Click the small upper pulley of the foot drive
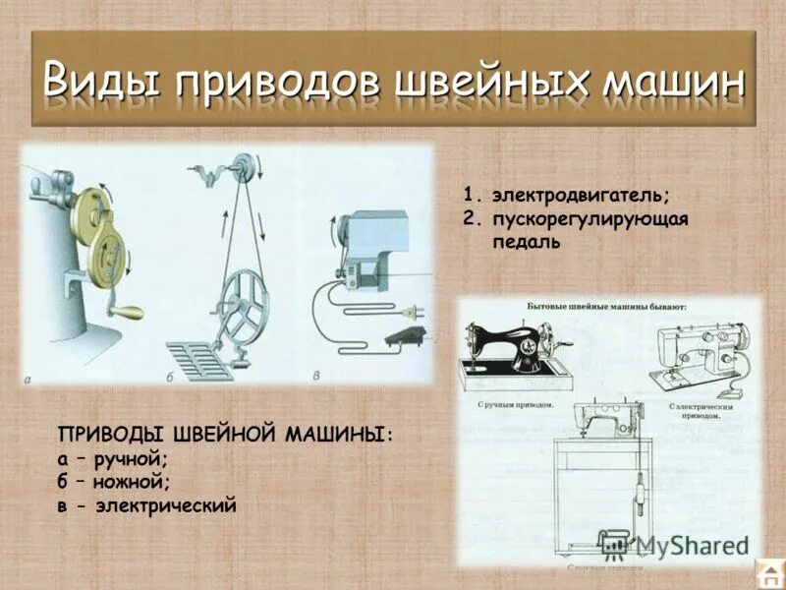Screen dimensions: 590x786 [240, 170]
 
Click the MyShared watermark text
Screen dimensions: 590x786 [688, 546]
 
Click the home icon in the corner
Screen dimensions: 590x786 [768, 572]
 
